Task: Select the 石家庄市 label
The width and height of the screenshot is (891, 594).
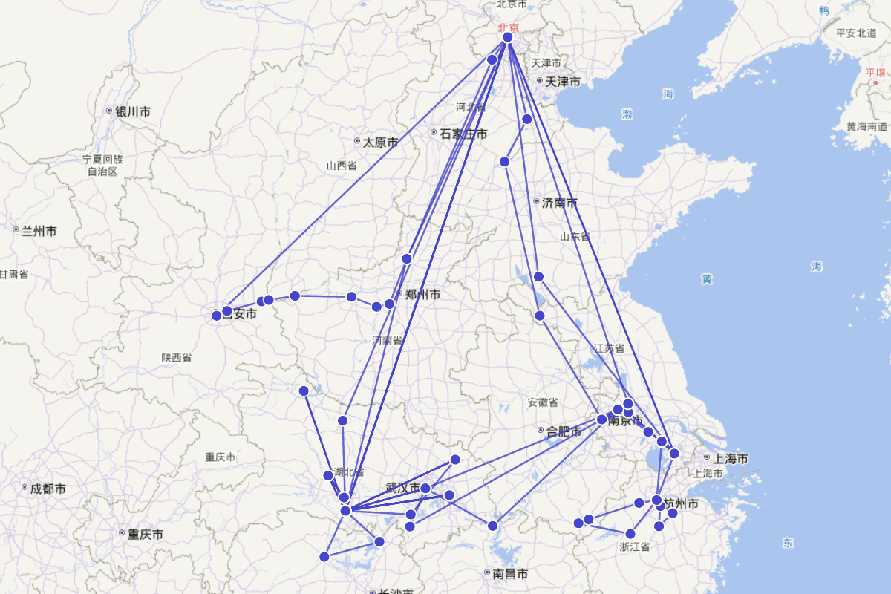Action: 463,134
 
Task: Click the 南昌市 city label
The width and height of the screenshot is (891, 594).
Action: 510,574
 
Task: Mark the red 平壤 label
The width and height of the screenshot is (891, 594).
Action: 875,72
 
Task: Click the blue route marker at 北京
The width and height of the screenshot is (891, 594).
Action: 508,37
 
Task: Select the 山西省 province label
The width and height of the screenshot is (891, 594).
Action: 342,166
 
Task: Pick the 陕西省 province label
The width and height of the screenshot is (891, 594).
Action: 177,357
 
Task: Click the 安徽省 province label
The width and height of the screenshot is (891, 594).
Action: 543,402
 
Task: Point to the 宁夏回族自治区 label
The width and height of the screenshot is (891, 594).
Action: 102,165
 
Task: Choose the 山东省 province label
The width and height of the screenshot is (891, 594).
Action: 574,236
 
